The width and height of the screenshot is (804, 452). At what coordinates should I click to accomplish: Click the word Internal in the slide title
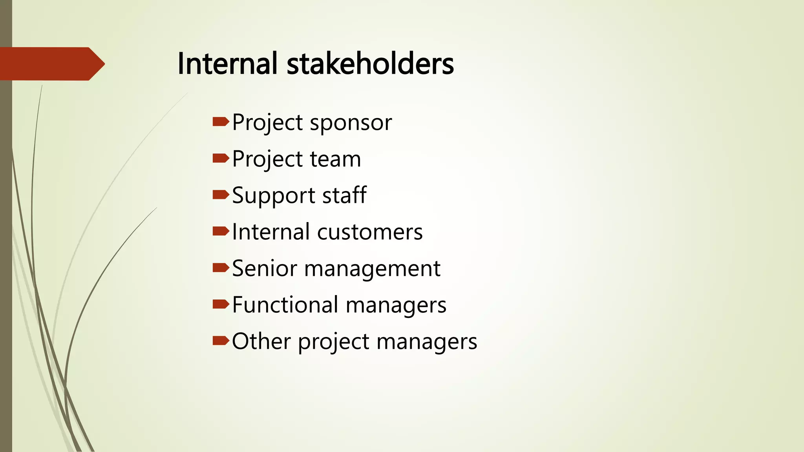[227, 64]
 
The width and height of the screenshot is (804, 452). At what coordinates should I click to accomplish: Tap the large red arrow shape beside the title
[51, 64]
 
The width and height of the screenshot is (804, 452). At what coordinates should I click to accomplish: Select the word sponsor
[351, 123]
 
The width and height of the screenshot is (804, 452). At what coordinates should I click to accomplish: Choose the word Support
[274, 196]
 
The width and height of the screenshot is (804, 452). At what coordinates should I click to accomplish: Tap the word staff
[344, 195]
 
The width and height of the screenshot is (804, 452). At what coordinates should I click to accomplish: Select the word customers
[370, 232]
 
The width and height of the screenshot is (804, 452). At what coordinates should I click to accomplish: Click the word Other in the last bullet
[261, 341]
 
